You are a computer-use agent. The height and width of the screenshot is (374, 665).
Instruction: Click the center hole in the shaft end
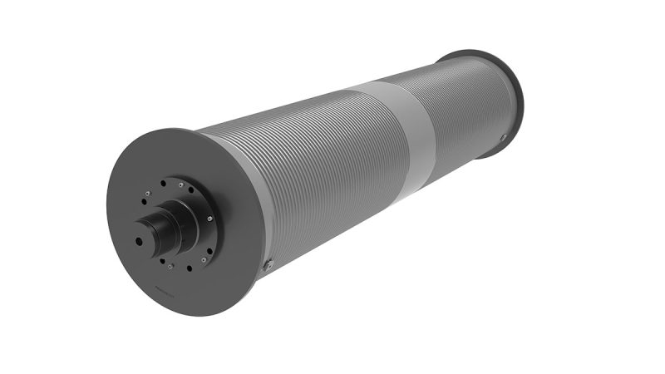tap(138, 241)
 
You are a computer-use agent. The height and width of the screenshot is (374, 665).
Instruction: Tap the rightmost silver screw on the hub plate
tap(209, 219)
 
